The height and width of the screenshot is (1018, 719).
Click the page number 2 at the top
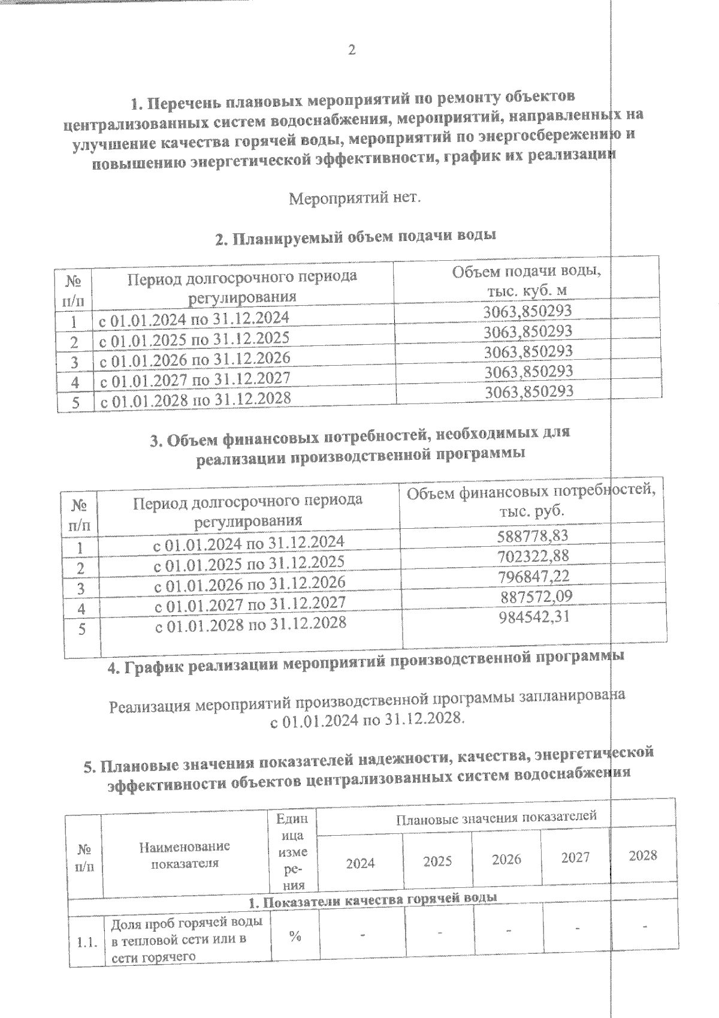pyautogui.click(x=352, y=50)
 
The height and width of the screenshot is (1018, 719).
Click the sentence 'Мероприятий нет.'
pyautogui.click(x=355, y=198)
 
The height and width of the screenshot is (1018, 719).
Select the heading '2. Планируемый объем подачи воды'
pyautogui.click(x=355, y=237)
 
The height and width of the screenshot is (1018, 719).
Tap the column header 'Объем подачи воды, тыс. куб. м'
pyautogui.click(x=527, y=281)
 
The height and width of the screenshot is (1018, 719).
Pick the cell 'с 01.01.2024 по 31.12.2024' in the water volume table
pyautogui.click(x=194, y=318)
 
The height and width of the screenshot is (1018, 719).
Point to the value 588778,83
pyautogui.click(x=533, y=535)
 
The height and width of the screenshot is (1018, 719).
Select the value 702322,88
pyautogui.click(x=533, y=556)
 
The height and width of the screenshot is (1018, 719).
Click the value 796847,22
pyautogui.click(x=533, y=576)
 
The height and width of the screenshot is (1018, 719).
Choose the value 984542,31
pyautogui.click(x=534, y=617)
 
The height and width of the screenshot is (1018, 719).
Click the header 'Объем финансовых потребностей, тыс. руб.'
pyautogui.click(x=531, y=502)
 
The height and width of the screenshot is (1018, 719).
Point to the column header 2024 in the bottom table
pyautogui.click(x=361, y=863)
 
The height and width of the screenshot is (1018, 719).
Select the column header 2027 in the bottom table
pyautogui.click(x=575, y=858)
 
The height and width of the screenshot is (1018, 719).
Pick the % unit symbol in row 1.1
pyautogui.click(x=294, y=937)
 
